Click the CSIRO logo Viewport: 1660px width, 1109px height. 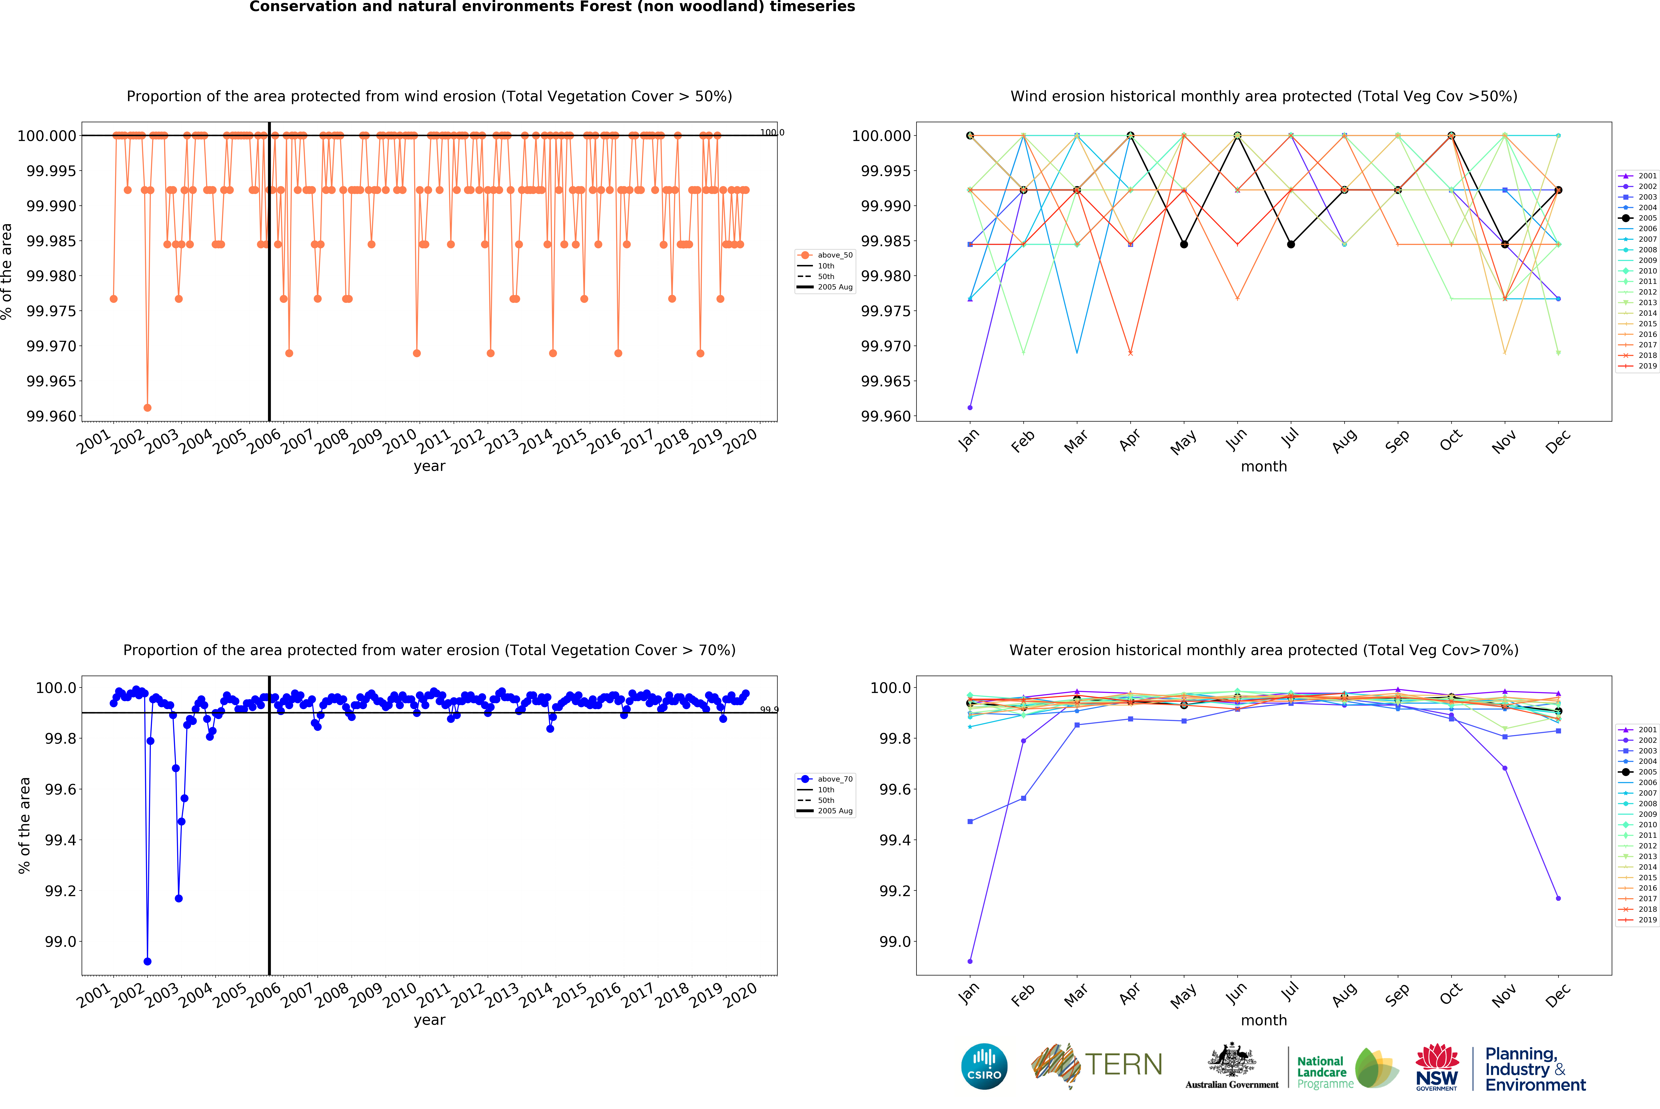(984, 1066)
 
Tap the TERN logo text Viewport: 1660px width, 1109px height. (1123, 1064)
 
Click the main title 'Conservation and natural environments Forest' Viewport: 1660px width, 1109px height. (552, 7)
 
